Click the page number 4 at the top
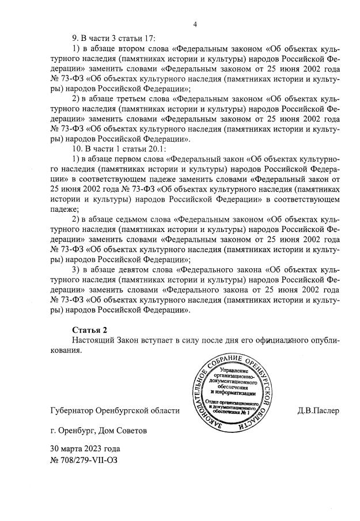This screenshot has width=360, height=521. [x=195, y=24]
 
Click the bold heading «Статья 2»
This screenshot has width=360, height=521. [x=89, y=329]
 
